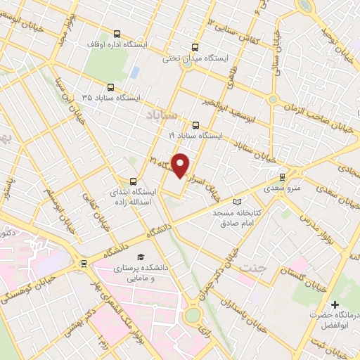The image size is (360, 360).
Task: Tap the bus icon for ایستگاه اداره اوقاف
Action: coord(117,34)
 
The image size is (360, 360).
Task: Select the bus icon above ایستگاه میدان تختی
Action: coord(186,47)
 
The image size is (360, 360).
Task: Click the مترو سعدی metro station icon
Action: coord(283,178)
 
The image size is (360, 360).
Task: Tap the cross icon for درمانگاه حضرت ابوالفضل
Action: coord(335,305)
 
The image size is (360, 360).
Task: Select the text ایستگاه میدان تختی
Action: coord(192,58)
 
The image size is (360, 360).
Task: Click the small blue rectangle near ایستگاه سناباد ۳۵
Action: coord(133,72)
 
